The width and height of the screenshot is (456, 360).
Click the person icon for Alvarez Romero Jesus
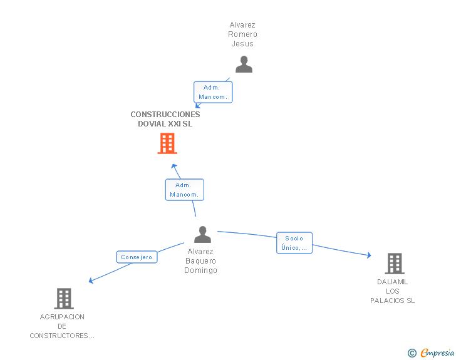pos(244,64)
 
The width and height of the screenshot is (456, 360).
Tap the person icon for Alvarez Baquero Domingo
pos(202,235)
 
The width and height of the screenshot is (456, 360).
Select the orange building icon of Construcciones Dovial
pos(167,143)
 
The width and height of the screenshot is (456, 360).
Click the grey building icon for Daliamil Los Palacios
pos(394,264)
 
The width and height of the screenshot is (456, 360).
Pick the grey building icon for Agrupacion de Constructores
pos(64,299)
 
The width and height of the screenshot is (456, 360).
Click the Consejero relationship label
pos(137,257)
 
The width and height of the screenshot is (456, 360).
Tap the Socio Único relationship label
pos(294,243)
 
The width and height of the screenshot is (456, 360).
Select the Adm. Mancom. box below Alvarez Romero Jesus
pos(212,92)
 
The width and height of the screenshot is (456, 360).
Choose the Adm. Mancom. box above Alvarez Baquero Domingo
pos(184,190)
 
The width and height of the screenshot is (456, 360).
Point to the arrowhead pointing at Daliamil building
pos(368,255)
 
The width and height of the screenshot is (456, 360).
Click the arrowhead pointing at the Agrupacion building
pos(91,280)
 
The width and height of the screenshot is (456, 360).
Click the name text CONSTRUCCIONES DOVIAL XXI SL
pos(165,119)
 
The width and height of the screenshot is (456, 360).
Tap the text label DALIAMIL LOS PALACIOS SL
pos(393,291)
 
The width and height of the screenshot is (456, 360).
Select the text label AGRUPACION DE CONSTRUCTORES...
pos(62,326)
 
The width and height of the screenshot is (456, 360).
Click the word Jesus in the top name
pos(242,44)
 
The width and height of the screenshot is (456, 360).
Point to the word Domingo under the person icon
pos(200,270)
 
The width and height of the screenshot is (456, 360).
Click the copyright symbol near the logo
pos(412,353)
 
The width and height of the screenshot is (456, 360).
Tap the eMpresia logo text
pos(437,353)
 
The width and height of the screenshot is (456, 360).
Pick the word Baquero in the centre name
pos(200,261)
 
